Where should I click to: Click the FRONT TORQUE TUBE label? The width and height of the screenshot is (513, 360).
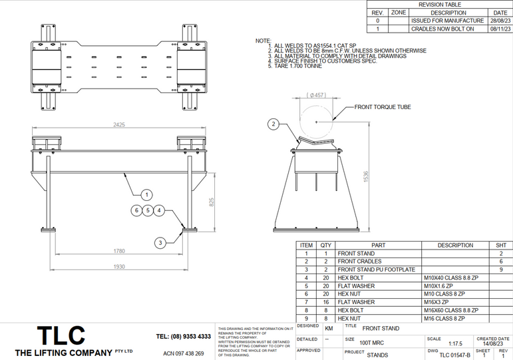[383, 106]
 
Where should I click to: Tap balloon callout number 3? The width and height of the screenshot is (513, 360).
[160, 244]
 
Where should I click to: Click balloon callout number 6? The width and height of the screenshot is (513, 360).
[136, 211]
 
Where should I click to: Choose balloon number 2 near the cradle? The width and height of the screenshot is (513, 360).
[274, 124]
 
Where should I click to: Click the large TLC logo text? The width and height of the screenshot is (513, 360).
[61, 335]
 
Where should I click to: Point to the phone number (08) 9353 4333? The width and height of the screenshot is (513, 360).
[184, 337]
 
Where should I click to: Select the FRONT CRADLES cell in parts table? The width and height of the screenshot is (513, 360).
[360, 262]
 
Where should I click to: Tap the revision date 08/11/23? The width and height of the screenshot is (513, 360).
[500, 29]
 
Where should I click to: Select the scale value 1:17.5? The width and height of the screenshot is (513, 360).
[455, 344]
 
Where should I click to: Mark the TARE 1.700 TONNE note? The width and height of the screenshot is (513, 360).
[296, 67]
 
